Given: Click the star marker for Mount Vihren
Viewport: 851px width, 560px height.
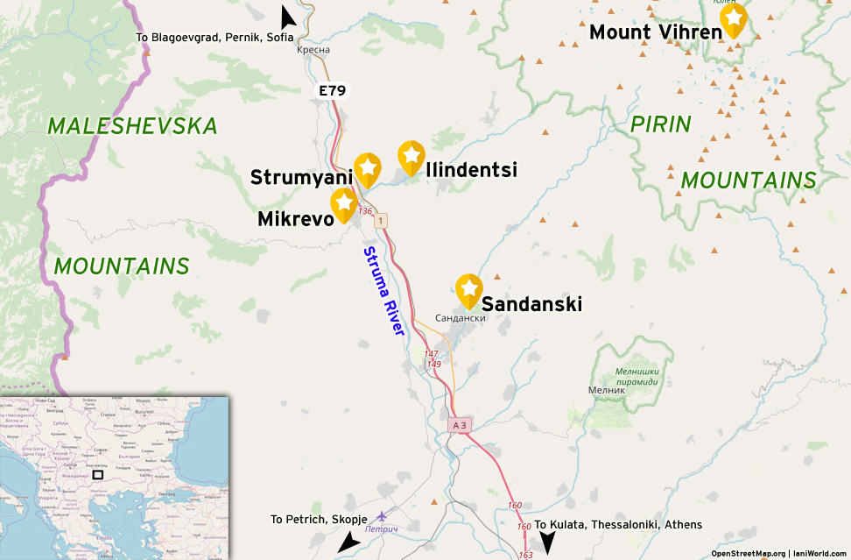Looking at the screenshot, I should (733, 19).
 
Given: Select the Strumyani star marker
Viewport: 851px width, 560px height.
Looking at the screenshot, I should (368, 168).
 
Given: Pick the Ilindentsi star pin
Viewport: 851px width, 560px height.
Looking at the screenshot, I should (411, 157).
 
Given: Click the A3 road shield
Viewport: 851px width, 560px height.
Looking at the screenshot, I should (460, 425).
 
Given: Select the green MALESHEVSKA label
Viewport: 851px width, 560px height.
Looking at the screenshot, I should (132, 126).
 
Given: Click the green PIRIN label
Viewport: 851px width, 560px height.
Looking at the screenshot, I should (661, 124).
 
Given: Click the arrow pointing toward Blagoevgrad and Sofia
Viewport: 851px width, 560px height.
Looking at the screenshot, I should (286, 18).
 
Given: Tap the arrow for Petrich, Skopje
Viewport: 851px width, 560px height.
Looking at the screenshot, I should (348, 542).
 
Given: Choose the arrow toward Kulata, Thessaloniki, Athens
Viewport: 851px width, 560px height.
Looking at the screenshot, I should (547, 543).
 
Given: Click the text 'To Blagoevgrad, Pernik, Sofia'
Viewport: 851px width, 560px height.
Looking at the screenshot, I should (215, 37).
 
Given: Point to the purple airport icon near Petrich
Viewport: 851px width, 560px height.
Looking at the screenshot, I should (381, 517).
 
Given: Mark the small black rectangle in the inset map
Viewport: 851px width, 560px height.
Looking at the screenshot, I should (98, 474).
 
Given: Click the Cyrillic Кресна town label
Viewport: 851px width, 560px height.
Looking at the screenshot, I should (313, 50).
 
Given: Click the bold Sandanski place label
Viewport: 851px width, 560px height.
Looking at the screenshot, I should (531, 304).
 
